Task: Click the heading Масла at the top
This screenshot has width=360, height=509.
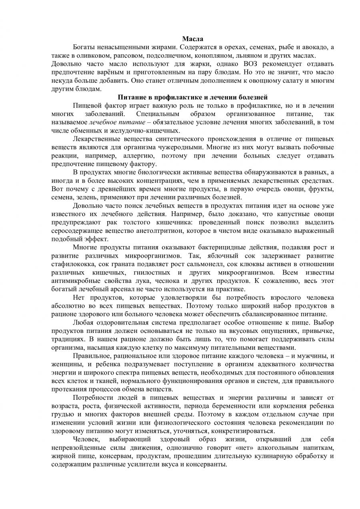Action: tap(193, 39)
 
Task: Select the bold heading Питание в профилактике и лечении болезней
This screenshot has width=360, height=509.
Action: tap(193, 97)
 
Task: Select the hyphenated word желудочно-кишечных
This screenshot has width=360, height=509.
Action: tap(154, 131)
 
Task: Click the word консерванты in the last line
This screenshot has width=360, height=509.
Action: tap(209, 465)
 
